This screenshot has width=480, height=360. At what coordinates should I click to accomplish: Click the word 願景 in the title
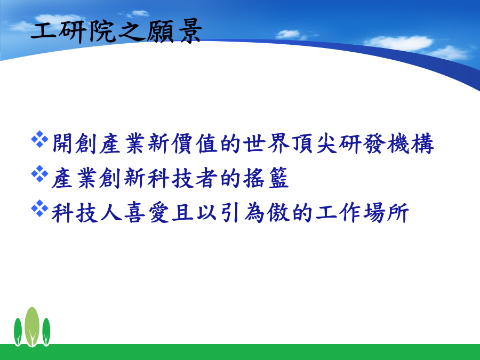click(x=174, y=31)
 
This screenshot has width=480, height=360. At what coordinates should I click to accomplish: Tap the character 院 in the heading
click(x=102, y=31)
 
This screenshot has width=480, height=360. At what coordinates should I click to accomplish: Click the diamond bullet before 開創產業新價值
click(x=39, y=139)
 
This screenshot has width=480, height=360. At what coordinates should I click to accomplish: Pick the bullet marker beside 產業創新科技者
click(x=39, y=174)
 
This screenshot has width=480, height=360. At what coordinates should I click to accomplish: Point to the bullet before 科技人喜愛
click(x=39, y=209)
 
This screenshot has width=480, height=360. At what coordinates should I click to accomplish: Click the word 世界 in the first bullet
click(x=266, y=143)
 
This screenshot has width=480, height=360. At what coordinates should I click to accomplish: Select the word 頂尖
click(x=314, y=143)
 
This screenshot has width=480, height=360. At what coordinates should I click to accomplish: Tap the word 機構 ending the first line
click(x=411, y=143)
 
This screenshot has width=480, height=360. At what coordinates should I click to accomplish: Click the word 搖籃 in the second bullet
click(x=266, y=178)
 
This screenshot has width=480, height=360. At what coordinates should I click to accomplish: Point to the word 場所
click(x=386, y=212)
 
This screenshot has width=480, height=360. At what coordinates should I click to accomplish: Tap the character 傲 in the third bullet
click(x=278, y=212)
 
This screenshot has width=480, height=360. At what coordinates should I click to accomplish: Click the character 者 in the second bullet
click(x=206, y=178)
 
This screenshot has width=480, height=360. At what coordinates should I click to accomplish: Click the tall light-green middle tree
click(x=32, y=326)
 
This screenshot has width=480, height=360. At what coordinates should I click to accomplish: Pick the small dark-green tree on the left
click(x=18, y=332)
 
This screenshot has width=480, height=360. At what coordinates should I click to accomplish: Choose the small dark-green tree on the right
click(x=46, y=332)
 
